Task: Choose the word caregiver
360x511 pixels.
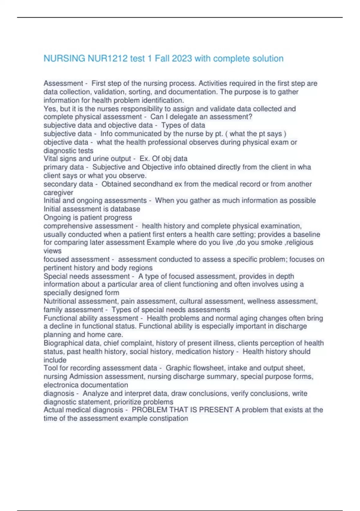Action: click(x=58, y=192)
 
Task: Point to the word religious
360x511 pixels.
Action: click(x=300, y=243)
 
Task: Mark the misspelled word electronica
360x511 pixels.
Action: click(x=61, y=385)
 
